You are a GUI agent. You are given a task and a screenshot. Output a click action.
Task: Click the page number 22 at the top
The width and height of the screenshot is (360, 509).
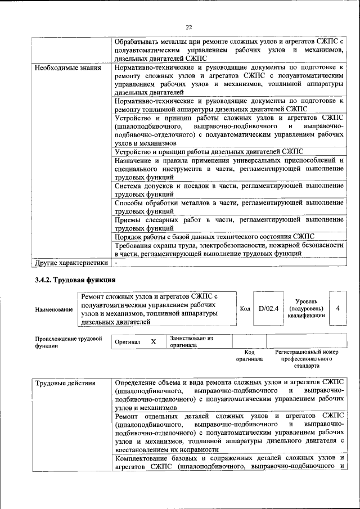coord(189,27)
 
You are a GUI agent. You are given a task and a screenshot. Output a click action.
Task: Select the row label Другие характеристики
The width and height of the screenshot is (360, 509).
coord(71,262)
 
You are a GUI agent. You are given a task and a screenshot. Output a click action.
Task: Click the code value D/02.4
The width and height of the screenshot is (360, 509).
coord(268,308)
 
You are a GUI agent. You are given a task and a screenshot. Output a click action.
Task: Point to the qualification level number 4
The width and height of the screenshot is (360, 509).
coord(337,308)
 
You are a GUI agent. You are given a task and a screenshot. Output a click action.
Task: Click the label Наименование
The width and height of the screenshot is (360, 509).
coord(53,309)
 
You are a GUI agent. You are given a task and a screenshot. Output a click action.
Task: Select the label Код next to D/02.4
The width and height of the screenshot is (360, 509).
coord(245,309)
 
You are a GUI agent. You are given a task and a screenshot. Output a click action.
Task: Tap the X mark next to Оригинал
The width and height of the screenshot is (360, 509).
coord(153,341)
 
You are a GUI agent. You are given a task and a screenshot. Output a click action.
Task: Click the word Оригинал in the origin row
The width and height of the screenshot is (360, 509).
coord(128,342)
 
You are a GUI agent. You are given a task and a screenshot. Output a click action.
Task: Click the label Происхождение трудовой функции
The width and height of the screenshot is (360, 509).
coord(68,343)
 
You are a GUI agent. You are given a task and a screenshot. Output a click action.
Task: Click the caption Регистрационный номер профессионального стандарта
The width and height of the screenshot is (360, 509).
coord(307,358)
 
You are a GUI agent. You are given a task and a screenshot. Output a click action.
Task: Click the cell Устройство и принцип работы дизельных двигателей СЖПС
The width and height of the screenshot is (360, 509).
coord(209,151)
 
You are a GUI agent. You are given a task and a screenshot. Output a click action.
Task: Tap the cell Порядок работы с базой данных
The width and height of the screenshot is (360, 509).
coord(214,237)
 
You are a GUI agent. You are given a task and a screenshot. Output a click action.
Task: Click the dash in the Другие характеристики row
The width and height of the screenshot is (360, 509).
coord(116,262)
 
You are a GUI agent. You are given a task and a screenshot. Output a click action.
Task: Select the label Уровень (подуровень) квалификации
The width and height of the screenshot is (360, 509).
coord(306,308)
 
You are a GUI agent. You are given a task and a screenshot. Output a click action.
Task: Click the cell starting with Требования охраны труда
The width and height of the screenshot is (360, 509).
coord(228,249)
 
